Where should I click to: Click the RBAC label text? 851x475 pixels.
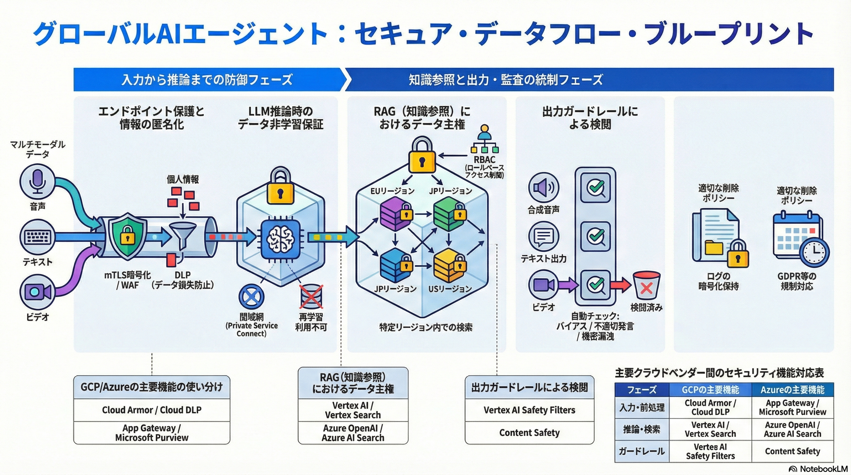(x=485, y=160)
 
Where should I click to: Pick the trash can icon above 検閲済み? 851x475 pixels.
(x=646, y=285)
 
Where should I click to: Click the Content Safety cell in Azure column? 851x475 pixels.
(x=792, y=451)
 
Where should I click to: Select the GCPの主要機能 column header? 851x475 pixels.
(x=710, y=390)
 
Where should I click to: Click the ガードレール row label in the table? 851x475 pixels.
(x=642, y=451)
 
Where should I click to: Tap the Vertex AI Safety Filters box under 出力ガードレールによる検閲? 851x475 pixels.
(x=529, y=410)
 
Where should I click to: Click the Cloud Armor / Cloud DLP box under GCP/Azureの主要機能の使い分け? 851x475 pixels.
(x=152, y=410)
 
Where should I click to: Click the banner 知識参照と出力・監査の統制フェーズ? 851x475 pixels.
(x=506, y=79)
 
